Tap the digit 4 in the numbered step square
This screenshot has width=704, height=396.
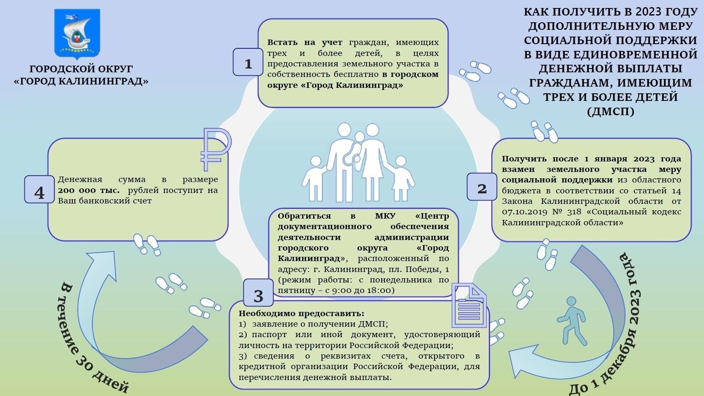pyautogui.click(x=39, y=193)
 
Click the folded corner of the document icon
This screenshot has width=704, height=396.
pyautogui.click(x=478, y=292)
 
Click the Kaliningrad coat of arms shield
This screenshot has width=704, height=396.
pyautogui.click(x=77, y=34)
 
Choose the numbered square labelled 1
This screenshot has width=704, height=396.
pyautogui.click(x=248, y=62)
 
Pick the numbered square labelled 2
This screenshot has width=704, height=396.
pyautogui.click(x=482, y=186)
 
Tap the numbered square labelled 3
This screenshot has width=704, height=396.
pyautogui.click(x=258, y=293)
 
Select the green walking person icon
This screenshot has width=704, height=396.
pyautogui.click(x=572, y=321)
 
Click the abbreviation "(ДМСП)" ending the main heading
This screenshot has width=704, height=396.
pyautogui.click(x=611, y=111)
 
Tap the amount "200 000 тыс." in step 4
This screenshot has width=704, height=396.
pyautogui.click(x=89, y=190)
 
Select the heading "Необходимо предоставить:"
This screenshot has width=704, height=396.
pyautogui.click(x=301, y=313)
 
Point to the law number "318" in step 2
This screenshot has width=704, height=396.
pyautogui.click(x=574, y=212)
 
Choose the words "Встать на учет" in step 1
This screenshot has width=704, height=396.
pyautogui.click(x=305, y=42)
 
